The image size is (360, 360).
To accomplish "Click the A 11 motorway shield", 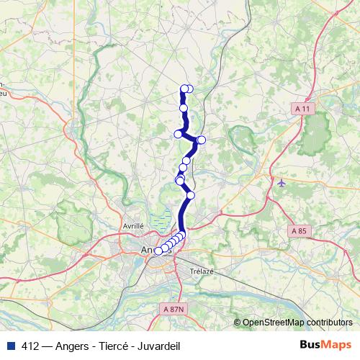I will click(305, 109).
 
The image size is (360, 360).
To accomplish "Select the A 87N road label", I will click(173, 308).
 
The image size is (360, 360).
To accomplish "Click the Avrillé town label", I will click(134, 225).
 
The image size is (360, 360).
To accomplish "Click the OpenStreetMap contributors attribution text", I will click(297, 323).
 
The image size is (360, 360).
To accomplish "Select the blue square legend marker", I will click(9, 346).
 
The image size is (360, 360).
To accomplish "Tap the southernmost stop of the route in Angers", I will click(158, 251).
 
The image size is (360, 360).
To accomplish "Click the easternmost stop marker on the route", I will click(202, 139).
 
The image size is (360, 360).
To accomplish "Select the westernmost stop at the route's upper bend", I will click(178, 133).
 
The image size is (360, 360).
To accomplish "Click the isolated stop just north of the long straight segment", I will click(191, 194).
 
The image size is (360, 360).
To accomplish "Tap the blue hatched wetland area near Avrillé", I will click(162, 217).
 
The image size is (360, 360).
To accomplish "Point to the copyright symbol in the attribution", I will click(237, 323).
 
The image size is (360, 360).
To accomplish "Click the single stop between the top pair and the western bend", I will click(184, 108).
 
